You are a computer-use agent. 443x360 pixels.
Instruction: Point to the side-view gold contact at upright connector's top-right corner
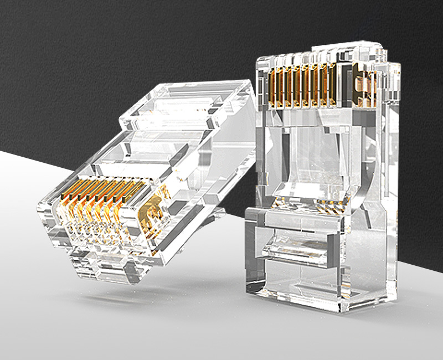click(365, 83)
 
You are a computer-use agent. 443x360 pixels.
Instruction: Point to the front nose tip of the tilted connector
click(55, 222)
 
